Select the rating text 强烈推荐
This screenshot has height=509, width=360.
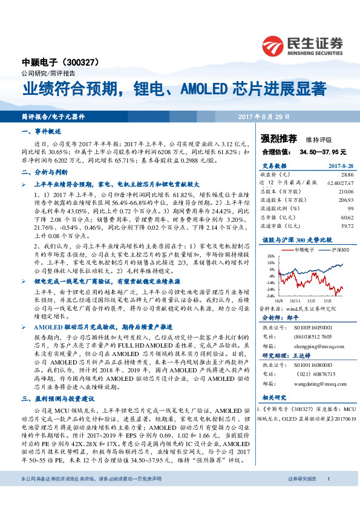269,138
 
